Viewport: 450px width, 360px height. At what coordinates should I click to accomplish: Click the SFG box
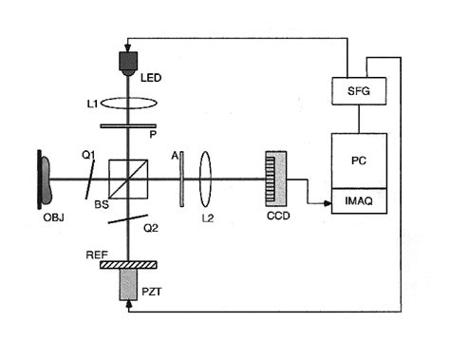(x=358, y=91)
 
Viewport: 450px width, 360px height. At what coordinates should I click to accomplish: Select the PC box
(x=358, y=159)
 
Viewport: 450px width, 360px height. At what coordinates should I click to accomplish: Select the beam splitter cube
(x=127, y=179)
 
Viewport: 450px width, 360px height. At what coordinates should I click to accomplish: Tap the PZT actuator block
(x=127, y=284)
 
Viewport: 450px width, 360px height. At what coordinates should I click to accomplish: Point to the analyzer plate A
(x=179, y=179)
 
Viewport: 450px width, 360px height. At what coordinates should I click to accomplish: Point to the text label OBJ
(x=45, y=217)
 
